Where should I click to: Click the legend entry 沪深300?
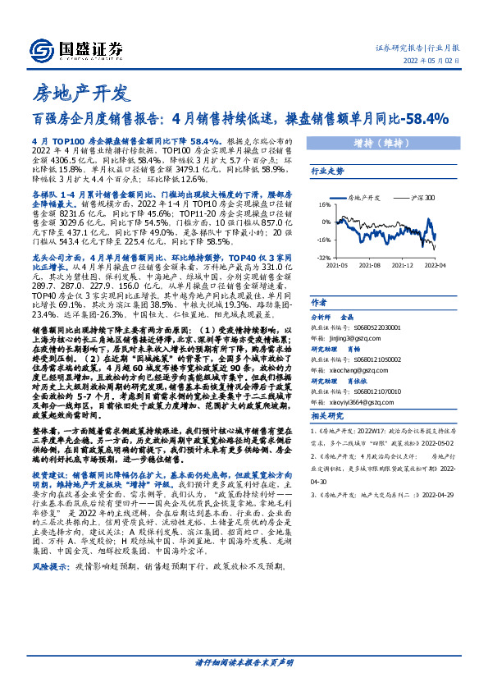[419, 198]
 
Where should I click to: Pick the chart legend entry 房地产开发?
[364, 198]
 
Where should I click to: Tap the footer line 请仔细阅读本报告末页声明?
[244, 662]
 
